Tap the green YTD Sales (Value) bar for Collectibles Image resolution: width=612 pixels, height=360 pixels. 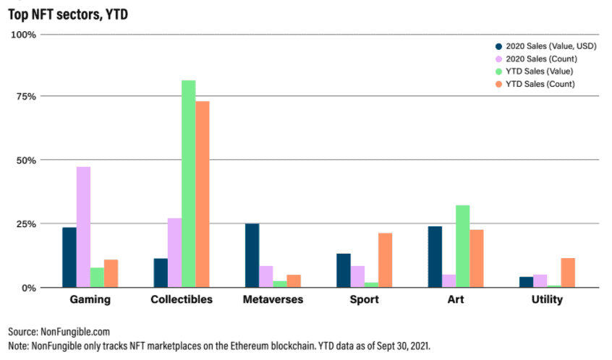coord(188,184)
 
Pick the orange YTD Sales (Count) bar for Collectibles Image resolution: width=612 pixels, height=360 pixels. coord(202,194)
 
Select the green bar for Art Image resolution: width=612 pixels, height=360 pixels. coord(462,246)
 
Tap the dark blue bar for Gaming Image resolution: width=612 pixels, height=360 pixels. coord(69,257)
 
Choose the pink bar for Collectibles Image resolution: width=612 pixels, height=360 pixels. coord(174,252)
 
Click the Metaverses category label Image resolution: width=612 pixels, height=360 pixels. coord(273,300)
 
